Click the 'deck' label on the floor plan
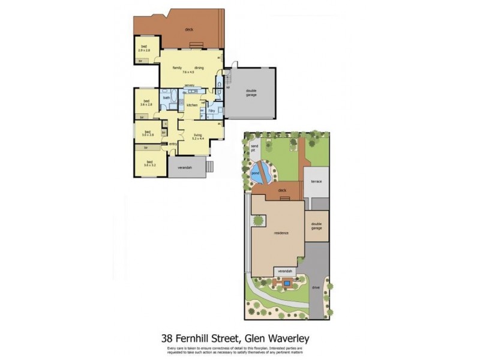(x=188, y=29)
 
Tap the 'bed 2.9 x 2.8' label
(x=145, y=49)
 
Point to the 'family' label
(x=178, y=68)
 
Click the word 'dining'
(x=199, y=68)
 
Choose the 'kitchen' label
(x=192, y=106)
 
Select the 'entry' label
(x=173, y=144)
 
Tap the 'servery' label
(x=190, y=85)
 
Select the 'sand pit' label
(x=254, y=148)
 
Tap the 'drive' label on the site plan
(x=316, y=287)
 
